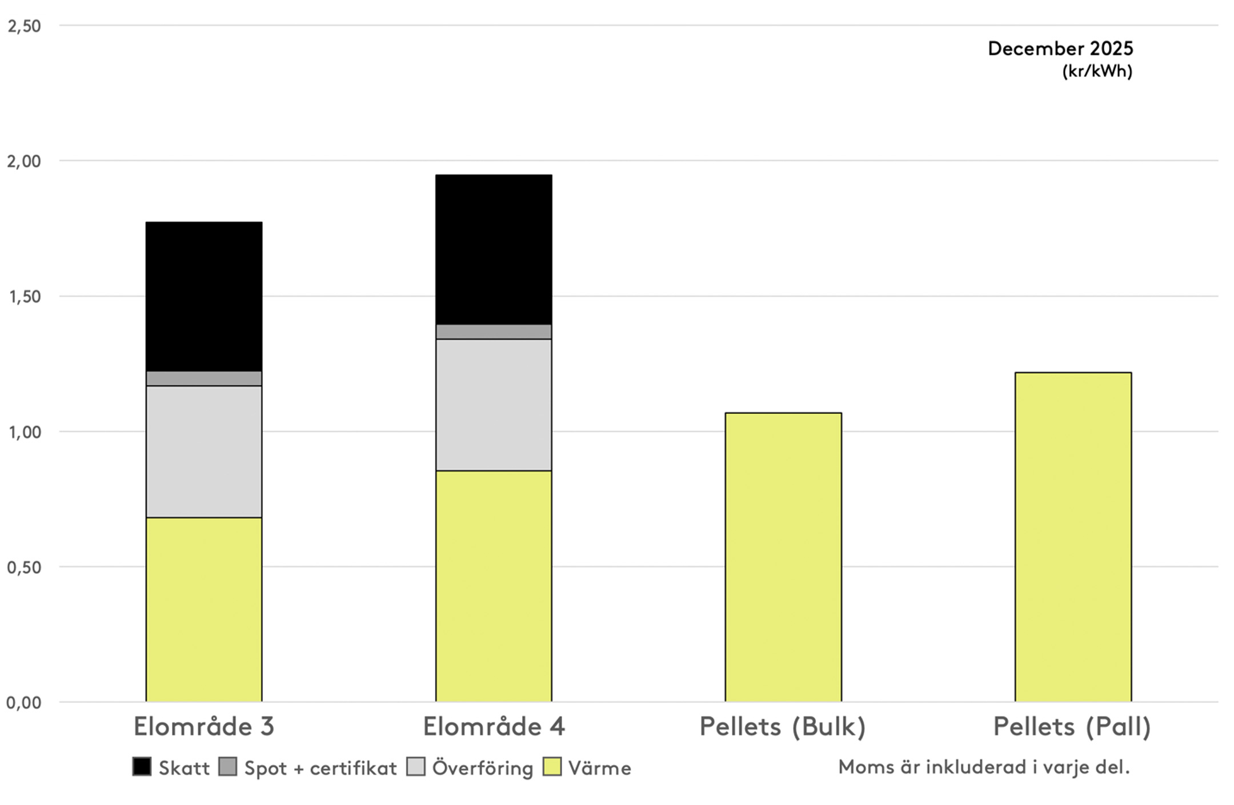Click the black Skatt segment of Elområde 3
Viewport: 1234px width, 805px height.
(x=204, y=296)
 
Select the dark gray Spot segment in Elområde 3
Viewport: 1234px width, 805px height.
(x=204, y=379)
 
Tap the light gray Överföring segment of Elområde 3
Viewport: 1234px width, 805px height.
(x=204, y=452)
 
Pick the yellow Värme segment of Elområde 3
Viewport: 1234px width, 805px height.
(x=204, y=609)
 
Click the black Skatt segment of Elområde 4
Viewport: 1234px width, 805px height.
(x=494, y=249)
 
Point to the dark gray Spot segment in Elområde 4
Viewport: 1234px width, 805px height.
(x=494, y=332)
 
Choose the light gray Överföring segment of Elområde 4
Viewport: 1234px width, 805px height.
(x=494, y=405)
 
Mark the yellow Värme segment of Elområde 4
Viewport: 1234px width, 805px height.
(x=494, y=586)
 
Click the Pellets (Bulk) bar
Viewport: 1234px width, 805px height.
(x=783, y=557)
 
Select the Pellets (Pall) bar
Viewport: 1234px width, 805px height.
(x=1073, y=537)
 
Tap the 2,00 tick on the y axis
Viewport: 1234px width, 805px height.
(x=24, y=161)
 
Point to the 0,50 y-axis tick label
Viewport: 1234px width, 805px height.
(x=24, y=567)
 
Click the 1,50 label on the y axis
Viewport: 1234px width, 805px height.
(x=24, y=297)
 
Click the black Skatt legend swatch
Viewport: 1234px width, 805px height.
(x=142, y=767)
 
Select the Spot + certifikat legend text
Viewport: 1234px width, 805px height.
(x=320, y=768)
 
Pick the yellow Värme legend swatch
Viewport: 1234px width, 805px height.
(x=552, y=767)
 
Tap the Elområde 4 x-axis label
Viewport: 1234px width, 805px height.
(x=494, y=727)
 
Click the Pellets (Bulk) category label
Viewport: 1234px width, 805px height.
(x=783, y=727)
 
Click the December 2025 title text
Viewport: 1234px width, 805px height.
(x=1060, y=49)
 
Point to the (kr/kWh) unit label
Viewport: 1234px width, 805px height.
(x=1097, y=71)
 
